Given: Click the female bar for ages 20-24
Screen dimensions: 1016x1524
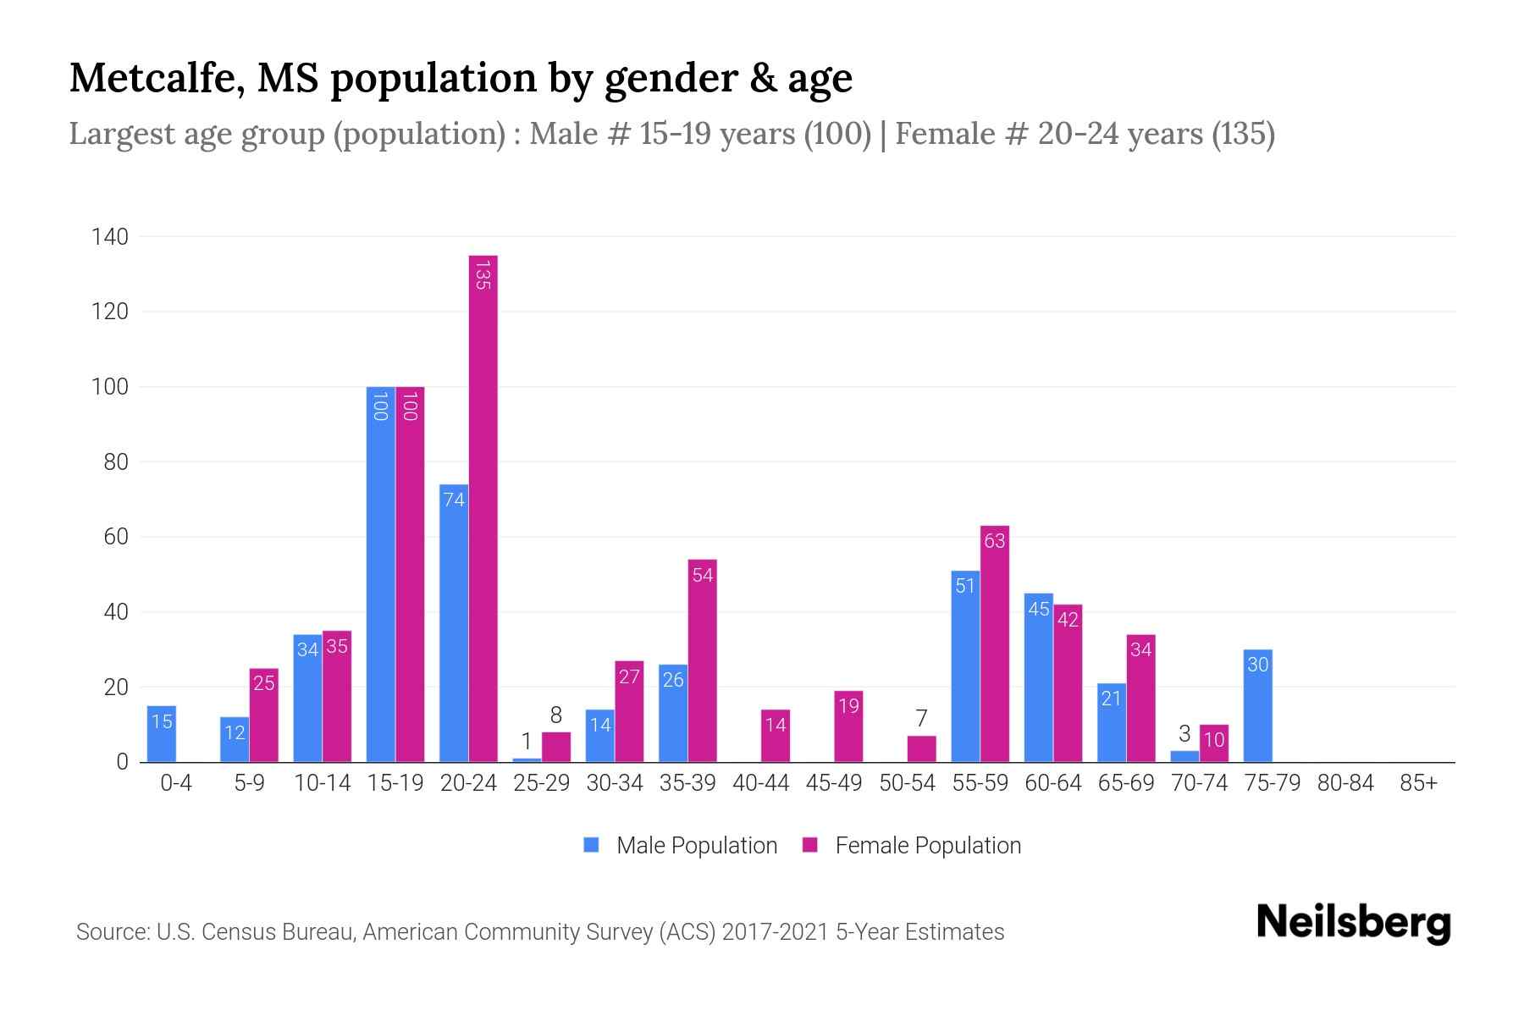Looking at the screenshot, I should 483,508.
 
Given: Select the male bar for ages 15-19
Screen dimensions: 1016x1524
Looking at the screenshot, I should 380,576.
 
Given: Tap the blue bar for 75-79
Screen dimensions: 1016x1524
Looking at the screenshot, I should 1258,706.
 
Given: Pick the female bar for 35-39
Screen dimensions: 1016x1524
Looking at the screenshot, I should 702,660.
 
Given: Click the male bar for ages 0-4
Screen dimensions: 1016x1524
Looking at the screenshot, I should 162,734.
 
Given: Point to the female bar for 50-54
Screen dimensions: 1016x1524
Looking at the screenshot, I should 921,749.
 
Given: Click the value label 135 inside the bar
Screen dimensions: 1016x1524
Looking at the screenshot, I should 483,275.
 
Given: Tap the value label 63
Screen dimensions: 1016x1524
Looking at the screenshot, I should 995,540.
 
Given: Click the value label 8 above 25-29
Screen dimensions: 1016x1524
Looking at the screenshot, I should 555,715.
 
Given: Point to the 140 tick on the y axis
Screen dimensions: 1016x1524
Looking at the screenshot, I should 110,237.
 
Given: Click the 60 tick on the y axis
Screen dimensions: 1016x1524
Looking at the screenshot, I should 116,537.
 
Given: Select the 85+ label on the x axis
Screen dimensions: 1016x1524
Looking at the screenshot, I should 1418,783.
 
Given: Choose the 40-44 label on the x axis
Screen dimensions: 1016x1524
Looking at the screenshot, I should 760,783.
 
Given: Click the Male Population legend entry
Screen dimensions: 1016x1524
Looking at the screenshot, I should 696,845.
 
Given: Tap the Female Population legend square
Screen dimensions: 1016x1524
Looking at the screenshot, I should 810,845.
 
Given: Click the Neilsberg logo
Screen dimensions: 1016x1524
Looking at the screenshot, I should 1353,923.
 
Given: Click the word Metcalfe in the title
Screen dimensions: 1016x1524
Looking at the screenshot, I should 157,78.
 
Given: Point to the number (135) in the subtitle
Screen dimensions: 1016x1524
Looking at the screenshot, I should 1243,134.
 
